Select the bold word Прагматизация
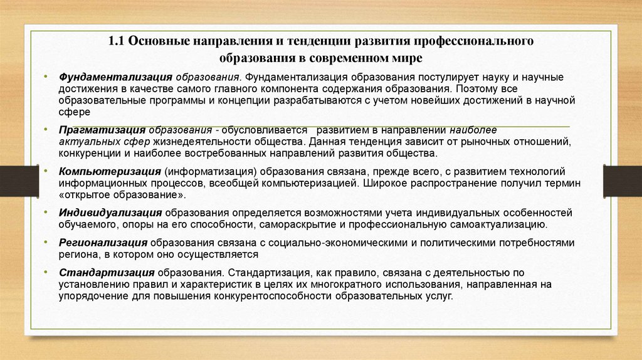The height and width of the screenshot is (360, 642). pos(102,130)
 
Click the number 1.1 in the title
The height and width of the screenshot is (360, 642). pos(117,41)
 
